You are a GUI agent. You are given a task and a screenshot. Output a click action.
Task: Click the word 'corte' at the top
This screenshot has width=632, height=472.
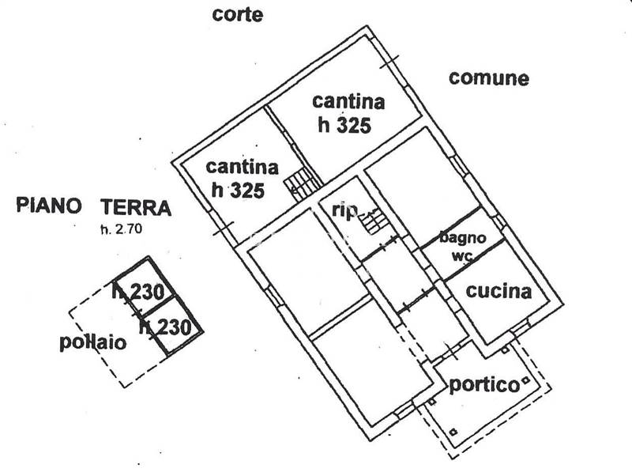(x=238, y=14)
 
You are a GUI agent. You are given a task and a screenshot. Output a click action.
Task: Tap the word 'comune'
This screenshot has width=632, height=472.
(x=488, y=77)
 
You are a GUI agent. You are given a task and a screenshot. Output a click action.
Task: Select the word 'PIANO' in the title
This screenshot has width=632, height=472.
(x=49, y=207)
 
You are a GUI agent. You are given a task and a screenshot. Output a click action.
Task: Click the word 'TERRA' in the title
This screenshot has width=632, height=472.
(x=135, y=208)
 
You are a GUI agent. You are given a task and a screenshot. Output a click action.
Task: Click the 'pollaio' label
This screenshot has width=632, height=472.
(x=92, y=342)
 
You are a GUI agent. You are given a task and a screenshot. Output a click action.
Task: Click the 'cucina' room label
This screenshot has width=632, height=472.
(x=498, y=290)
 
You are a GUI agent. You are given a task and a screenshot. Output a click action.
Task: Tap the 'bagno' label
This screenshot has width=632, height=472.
(x=463, y=237)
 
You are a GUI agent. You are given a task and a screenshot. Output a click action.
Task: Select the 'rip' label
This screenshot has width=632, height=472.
(x=345, y=210)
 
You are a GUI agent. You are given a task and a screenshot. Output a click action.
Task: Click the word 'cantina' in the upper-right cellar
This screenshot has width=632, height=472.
(x=348, y=101)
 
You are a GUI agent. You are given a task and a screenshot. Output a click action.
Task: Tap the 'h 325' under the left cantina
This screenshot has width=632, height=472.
(x=237, y=190)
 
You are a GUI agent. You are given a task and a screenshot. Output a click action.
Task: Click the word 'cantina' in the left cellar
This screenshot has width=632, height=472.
(x=242, y=167)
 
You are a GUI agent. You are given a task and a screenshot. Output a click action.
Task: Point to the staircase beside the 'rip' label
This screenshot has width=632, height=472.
(x=375, y=221)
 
